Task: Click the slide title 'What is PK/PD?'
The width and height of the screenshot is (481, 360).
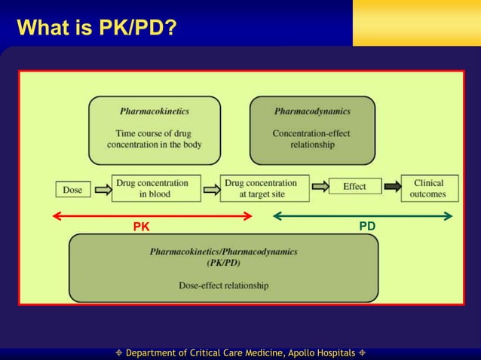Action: click(97, 28)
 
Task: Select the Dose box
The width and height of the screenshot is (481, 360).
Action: click(72, 190)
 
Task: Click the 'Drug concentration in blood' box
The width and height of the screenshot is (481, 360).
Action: click(156, 188)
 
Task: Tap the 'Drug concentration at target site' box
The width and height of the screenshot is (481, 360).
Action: click(265, 188)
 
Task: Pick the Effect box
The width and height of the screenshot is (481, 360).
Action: click(354, 186)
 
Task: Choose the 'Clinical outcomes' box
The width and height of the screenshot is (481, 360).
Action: click(428, 188)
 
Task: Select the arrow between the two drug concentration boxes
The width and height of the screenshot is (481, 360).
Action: click(210, 188)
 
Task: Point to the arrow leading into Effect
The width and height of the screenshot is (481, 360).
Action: click(319, 187)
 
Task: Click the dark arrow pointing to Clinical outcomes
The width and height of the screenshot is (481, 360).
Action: click(392, 187)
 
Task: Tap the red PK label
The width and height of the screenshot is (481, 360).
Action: click(141, 226)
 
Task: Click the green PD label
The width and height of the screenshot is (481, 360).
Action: click(367, 225)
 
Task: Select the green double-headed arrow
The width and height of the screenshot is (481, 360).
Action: click(362, 216)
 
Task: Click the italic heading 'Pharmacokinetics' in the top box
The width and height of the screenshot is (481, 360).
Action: click(155, 111)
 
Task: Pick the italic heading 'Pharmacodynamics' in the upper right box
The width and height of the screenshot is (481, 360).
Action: click(312, 111)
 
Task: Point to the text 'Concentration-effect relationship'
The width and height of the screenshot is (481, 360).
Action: click(312, 139)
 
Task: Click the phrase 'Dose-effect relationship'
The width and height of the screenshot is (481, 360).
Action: click(223, 285)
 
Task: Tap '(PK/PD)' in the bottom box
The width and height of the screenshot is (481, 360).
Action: click(223, 264)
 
